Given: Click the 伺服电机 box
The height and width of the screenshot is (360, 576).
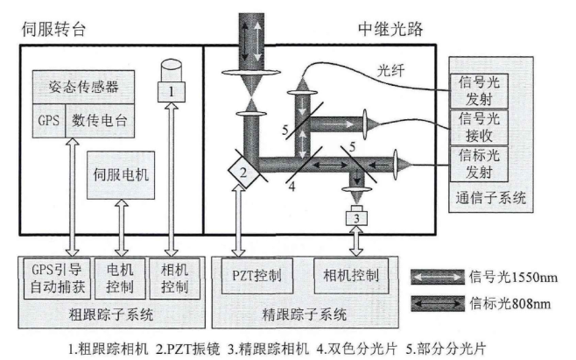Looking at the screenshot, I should pyautogui.click(x=120, y=174).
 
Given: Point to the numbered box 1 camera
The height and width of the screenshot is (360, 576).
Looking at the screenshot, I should pyautogui.click(x=172, y=89).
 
